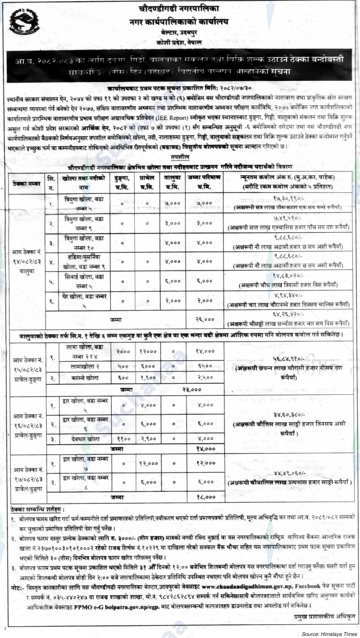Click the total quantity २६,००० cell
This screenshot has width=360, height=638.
click(205, 320)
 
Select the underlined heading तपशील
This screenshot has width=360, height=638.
click(180, 158)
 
